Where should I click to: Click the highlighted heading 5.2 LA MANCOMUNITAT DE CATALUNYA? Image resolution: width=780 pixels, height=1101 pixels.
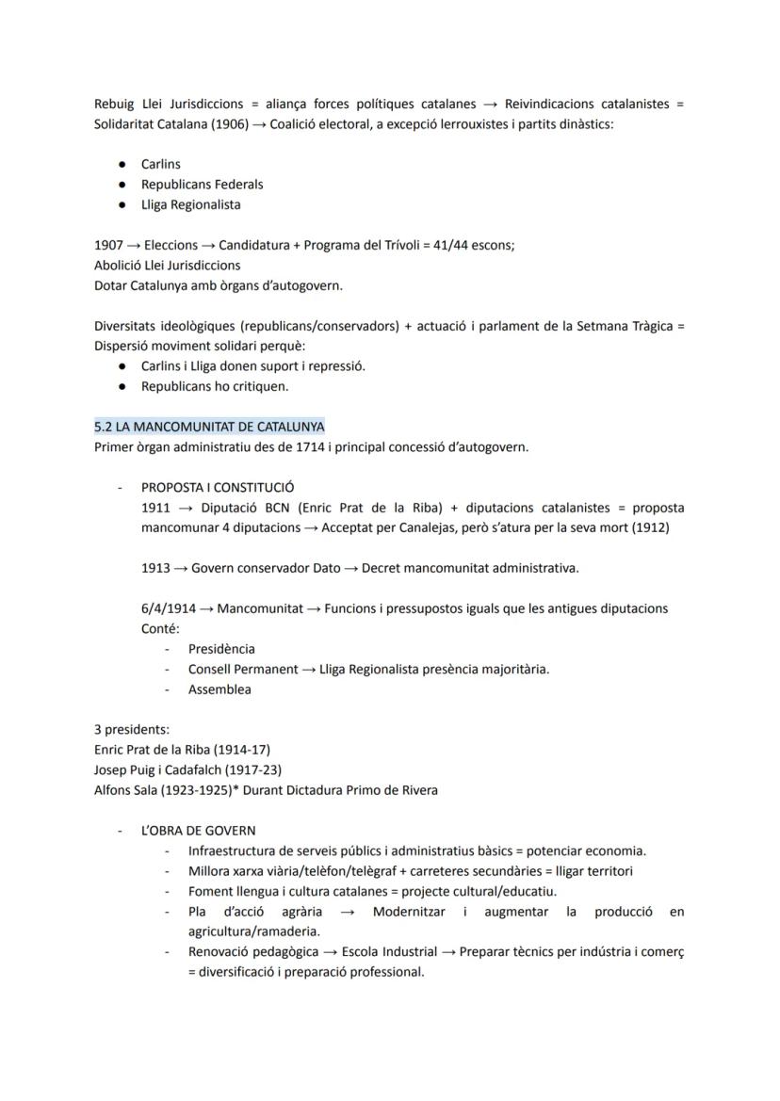209,427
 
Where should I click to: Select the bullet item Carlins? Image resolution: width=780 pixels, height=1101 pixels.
161,164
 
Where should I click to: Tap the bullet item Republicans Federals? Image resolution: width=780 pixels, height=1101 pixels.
202,185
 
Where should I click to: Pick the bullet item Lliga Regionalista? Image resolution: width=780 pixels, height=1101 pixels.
190,204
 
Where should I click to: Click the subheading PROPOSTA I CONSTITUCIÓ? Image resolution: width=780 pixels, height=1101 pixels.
217,488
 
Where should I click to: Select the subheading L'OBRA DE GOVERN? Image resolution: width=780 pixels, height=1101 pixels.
198,831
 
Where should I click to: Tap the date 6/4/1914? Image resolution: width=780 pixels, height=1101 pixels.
169,608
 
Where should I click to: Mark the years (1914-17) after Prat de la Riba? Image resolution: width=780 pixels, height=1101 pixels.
242,750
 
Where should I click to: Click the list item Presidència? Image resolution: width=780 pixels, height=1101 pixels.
221,649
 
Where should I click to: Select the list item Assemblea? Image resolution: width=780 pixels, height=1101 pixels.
219,689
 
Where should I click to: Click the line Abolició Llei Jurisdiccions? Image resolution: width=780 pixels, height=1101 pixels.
167,266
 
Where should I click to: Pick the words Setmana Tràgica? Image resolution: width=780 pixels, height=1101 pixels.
624,326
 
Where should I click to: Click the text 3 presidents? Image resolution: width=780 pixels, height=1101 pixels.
132,729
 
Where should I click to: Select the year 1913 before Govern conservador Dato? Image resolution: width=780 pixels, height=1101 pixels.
156,568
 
